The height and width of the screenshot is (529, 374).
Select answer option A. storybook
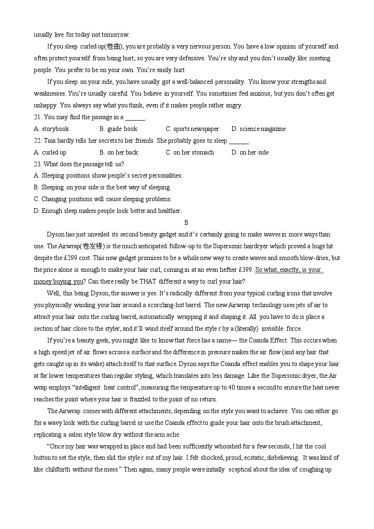coord(52,129)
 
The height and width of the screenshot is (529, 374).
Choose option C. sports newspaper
coord(192,129)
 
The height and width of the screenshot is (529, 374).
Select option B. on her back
coord(119,153)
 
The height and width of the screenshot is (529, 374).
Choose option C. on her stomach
coord(190,153)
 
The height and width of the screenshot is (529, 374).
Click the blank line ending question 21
coord(135,117)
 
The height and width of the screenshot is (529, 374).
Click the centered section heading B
coord(187,223)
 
